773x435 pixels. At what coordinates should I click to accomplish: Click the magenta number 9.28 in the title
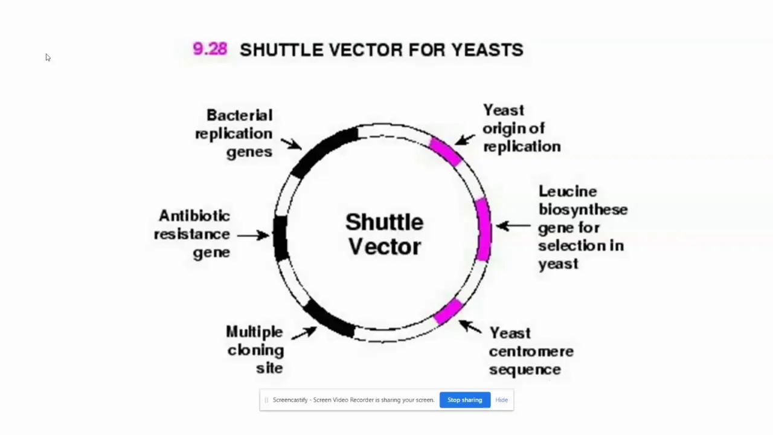[210, 49]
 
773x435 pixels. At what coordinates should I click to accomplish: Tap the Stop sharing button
[465, 400]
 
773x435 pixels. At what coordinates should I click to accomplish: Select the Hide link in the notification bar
[501, 400]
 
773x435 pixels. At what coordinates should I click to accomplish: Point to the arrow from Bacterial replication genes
[291, 144]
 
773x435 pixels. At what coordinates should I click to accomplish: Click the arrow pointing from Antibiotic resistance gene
[253, 236]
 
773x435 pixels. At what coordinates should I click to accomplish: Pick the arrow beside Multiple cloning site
[304, 333]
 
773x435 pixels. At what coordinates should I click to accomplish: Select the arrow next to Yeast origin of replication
[464, 140]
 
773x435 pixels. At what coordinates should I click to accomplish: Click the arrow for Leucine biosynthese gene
[513, 226]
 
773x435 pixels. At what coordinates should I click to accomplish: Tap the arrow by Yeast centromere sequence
[470, 327]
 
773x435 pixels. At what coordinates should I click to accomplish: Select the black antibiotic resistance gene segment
[281, 238]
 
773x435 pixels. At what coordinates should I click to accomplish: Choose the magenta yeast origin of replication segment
[446, 151]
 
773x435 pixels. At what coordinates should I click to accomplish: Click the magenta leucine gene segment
[484, 229]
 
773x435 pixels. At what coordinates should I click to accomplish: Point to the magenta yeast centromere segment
[448, 311]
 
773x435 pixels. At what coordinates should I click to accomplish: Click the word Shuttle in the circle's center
[385, 222]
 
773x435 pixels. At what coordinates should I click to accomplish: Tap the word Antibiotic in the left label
[194, 216]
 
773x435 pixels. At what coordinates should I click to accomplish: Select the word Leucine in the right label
[568, 192]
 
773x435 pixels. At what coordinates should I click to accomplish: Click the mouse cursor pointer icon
[48, 57]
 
